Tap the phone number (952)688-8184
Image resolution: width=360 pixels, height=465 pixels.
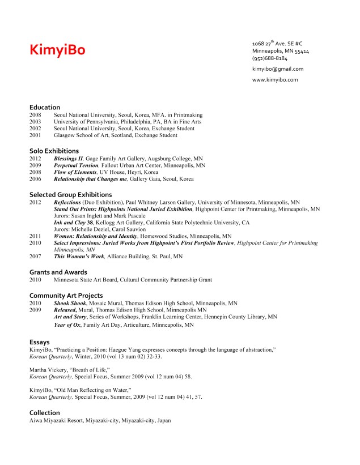click(269, 58)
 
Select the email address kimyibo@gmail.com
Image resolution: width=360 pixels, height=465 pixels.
click(278, 69)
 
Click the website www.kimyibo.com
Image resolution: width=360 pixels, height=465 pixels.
click(275, 80)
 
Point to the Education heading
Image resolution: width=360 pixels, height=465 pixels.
click(45, 107)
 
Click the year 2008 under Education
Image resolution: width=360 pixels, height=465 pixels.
click(35, 114)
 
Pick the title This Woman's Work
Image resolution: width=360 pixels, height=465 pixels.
click(79, 257)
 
